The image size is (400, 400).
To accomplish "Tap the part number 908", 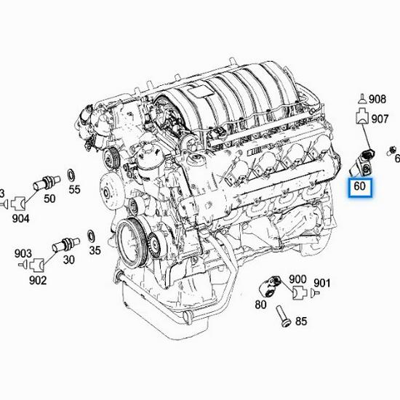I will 377,99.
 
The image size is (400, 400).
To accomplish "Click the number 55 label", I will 74,191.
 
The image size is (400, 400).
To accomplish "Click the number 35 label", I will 95,251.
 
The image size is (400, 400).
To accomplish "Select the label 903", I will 23,253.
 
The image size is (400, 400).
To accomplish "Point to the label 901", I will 322,282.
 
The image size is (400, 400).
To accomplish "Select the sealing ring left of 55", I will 71,175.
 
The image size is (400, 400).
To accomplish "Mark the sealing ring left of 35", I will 90,237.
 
